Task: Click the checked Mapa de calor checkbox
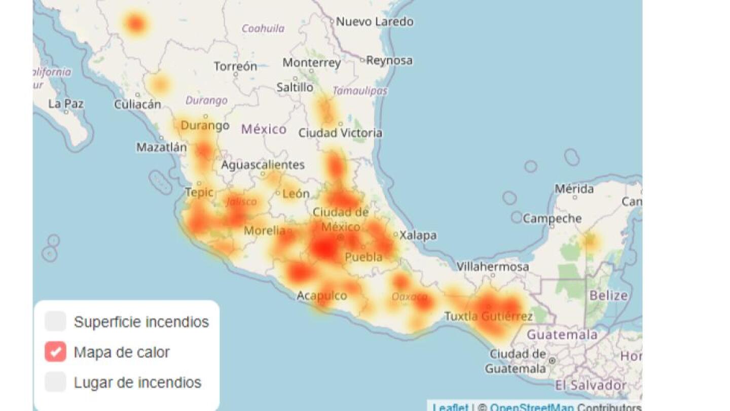[55, 352]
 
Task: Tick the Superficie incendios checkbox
[55, 322]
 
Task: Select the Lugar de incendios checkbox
[55, 382]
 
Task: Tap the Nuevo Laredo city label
[375, 22]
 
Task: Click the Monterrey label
[311, 63]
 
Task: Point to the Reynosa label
[389, 60]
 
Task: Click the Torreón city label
[235, 66]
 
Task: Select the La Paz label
[66, 104]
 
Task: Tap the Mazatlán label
[161, 148]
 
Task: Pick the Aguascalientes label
[263, 165]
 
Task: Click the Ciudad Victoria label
[340, 133]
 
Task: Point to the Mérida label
[574, 189]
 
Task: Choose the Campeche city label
[552, 219]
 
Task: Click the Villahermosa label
[492, 266]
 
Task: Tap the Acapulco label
[321, 295]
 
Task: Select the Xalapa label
[418, 235]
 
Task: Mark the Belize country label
[608, 295]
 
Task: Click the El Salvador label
[591, 385]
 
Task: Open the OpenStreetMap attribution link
[532, 407]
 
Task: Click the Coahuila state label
[263, 28]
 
